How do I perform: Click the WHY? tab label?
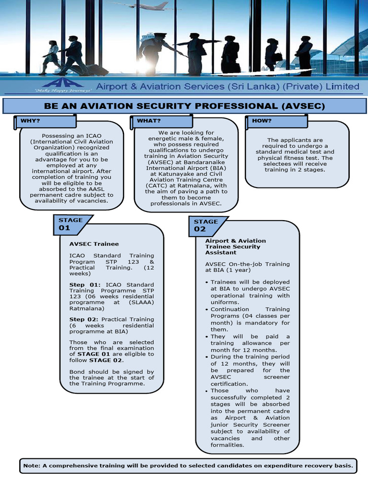30,121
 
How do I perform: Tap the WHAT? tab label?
149,121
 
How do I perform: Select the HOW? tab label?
262,121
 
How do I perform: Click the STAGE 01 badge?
71,224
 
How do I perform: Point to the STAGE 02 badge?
206,225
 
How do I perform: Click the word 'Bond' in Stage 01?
78,372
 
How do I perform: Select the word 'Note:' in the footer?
32,465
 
